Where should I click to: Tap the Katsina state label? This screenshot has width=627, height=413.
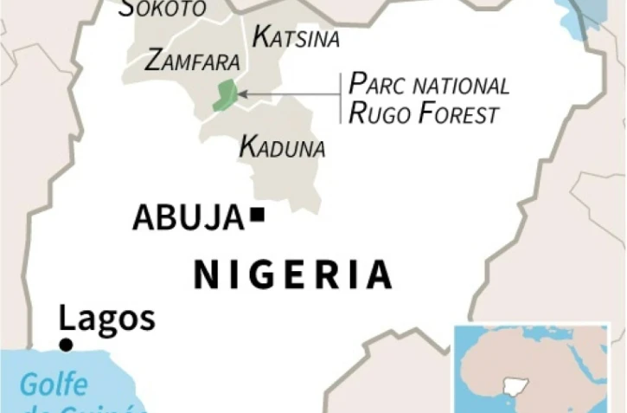tap(296, 37)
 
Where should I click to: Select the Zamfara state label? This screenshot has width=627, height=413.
tap(192, 61)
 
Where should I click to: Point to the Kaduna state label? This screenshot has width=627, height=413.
tap(282, 147)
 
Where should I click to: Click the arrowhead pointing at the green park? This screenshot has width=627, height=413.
tap(241, 93)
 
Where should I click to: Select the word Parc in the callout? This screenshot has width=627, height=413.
tap(379, 84)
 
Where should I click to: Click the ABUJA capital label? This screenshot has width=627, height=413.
tap(188, 217)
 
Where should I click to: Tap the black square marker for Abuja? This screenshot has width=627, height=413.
tap(257, 215)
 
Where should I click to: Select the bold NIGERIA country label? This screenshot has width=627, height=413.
tap(292, 274)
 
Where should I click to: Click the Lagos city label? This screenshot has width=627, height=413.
tap(107, 319)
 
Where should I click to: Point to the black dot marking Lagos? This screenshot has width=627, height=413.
tap(65, 345)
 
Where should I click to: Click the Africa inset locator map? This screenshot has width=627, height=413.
tap(531, 367)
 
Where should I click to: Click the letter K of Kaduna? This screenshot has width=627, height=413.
tap(246, 146)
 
